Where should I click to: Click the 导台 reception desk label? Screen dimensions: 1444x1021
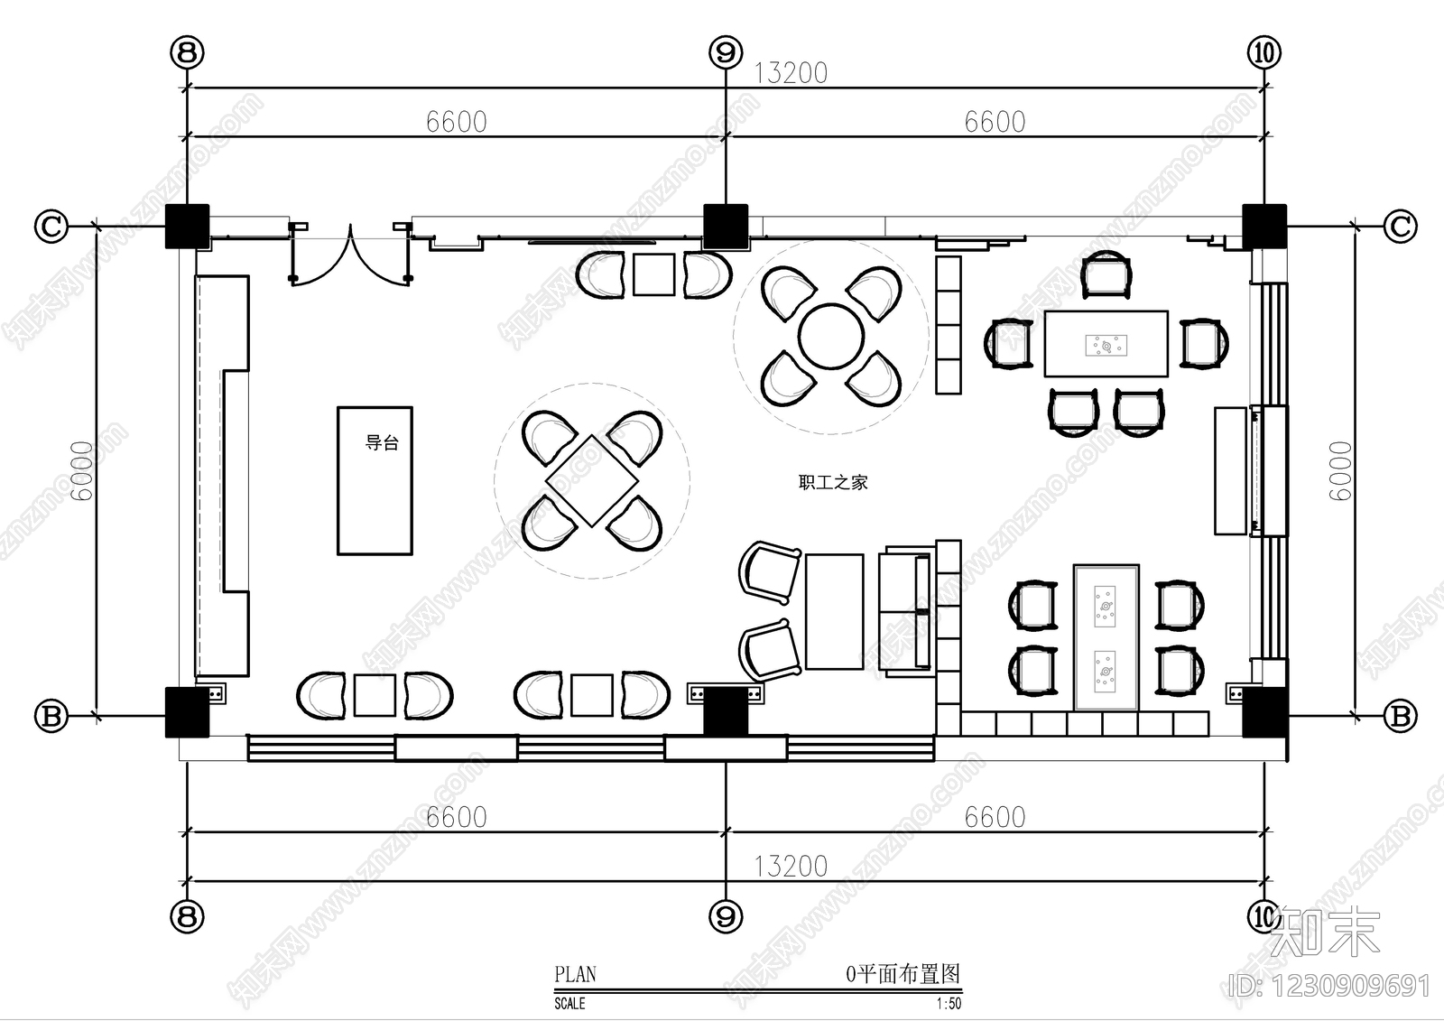(383, 442)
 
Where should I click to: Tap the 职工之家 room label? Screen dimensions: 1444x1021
(833, 482)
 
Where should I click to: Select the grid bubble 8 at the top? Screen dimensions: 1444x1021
(187, 52)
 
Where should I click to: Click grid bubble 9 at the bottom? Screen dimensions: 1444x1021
(726, 916)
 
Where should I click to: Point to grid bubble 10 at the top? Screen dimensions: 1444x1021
(1264, 52)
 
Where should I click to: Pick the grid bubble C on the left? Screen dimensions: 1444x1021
(51, 227)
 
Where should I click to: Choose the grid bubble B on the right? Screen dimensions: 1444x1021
(1401, 716)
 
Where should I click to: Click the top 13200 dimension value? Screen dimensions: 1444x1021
(791, 73)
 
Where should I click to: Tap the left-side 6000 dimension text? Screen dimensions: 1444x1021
(82, 471)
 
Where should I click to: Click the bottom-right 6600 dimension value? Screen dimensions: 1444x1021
(995, 817)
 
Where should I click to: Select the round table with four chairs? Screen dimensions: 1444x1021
(831, 336)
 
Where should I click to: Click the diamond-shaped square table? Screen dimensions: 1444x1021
(592, 480)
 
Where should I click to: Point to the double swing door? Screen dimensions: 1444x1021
(351, 254)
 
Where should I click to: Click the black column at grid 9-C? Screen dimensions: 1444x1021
(726, 227)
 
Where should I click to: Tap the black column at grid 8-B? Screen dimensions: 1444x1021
(187, 712)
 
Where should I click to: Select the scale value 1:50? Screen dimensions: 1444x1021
(949, 1004)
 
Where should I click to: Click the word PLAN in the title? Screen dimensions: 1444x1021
(575, 974)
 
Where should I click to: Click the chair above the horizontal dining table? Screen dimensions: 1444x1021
(1106, 274)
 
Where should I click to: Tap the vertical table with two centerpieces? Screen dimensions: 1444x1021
(1106, 637)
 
